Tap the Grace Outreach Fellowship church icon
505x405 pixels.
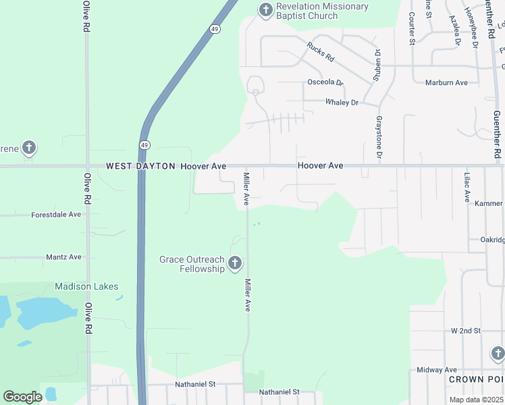[234, 263]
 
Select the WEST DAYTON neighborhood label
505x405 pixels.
[140, 166]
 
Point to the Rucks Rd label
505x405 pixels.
[321, 53]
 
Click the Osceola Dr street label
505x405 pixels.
[325, 82]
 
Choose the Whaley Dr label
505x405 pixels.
[342, 103]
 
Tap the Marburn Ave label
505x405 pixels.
[446, 83]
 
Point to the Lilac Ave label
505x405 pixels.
[467, 187]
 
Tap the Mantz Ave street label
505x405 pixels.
[63, 257]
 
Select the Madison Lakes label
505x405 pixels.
[86, 286]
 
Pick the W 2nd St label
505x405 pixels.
[465, 331]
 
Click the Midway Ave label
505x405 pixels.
[437, 370]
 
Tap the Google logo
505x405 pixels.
[22, 396]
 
